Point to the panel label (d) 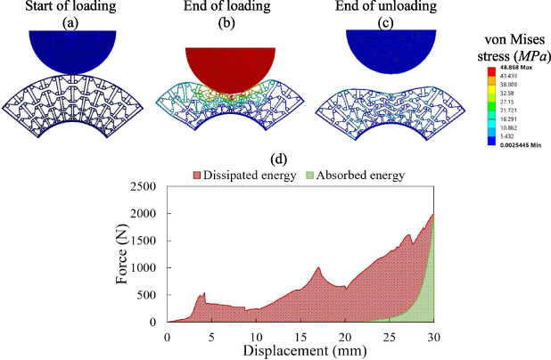[x=280, y=160]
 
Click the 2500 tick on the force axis [x=145, y=186]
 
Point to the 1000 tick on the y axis [x=145, y=268]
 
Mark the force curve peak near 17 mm [x=317, y=267]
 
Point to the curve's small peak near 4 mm [x=204, y=292]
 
